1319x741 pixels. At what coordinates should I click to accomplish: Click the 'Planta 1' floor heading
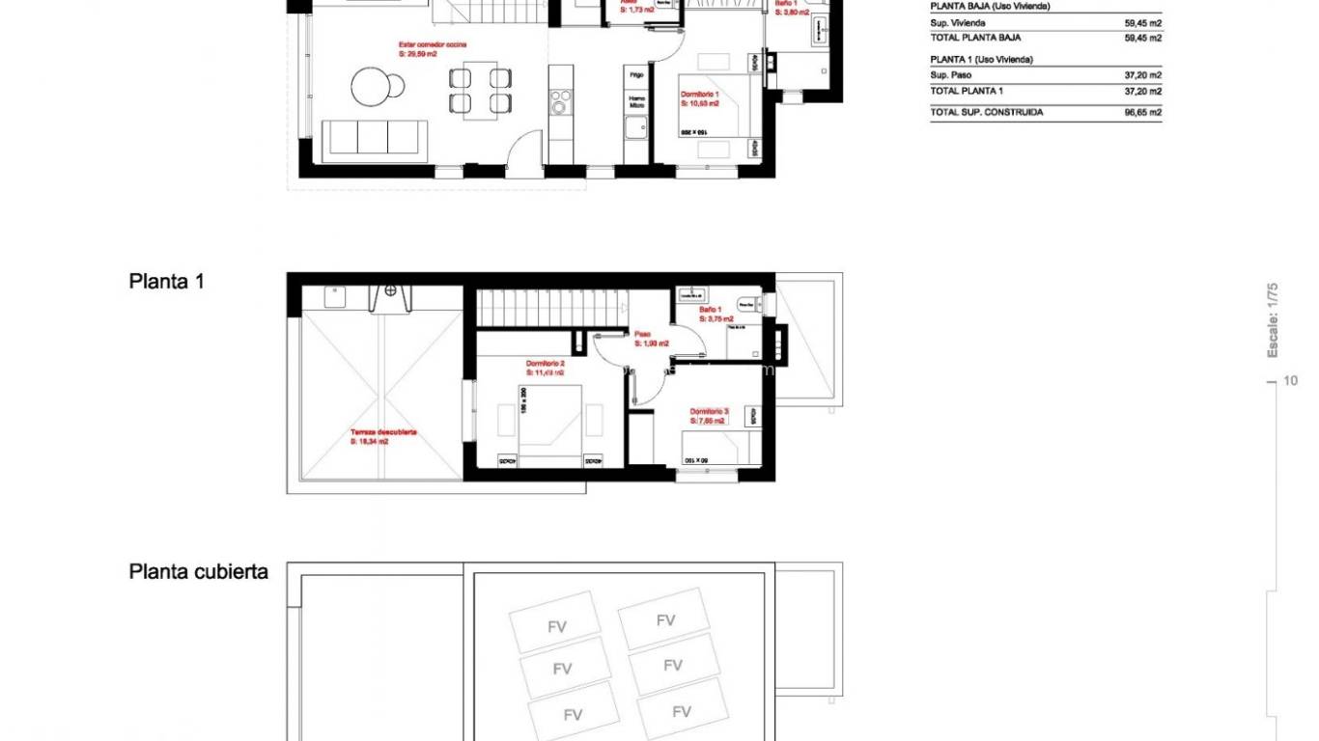pyautogui.click(x=166, y=282)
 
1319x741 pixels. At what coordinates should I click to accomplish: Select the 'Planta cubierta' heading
pyautogui.click(x=199, y=571)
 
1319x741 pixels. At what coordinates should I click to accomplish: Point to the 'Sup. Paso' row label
pyautogui.click(x=950, y=74)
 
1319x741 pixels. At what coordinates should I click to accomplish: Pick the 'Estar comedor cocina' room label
pyautogui.click(x=431, y=44)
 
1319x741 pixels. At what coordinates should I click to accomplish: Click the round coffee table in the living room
pyautogui.click(x=372, y=86)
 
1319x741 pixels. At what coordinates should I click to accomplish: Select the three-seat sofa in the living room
pyautogui.click(x=374, y=137)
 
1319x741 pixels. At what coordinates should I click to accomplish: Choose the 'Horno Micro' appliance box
pyautogui.click(x=636, y=100)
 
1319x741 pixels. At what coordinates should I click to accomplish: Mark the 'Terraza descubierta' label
pyautogui.click(x=383, y=432)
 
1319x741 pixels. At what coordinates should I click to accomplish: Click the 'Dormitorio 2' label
pyautogui.click(x=545, y=363)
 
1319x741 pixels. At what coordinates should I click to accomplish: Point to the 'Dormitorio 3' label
pyautogui.click(x=709, y=411)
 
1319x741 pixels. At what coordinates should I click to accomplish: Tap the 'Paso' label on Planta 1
pyautogui.click(x=642, y=334)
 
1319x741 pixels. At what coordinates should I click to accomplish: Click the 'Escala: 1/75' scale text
pyautogui.click(x=1273, y=319)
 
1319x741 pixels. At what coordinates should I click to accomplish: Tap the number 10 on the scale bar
pyautogui.click(x=1291, y=381)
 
